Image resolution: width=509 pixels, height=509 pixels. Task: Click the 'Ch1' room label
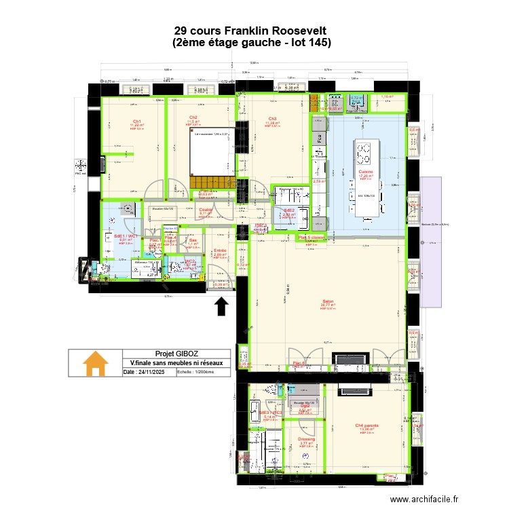pyautogui.click(x=136, y=121)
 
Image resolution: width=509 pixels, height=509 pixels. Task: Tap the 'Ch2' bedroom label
pyautogui.click(x=193, y=117)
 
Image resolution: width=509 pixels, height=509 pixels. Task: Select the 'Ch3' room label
pyautogui.click(x=272, y=119)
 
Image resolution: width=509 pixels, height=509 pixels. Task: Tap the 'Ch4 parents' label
pyautogui.click(x=366, y=426)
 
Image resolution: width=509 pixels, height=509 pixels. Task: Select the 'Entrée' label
pyautogui.click(x=220, y=250)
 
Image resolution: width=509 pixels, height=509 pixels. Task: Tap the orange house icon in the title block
pyautogui.click(x=95, y=364)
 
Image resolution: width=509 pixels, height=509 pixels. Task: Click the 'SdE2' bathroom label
pyautogui.click(x=289, y=210)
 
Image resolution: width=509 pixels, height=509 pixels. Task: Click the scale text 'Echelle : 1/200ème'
pyautogui.click(x=195, y=373)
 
